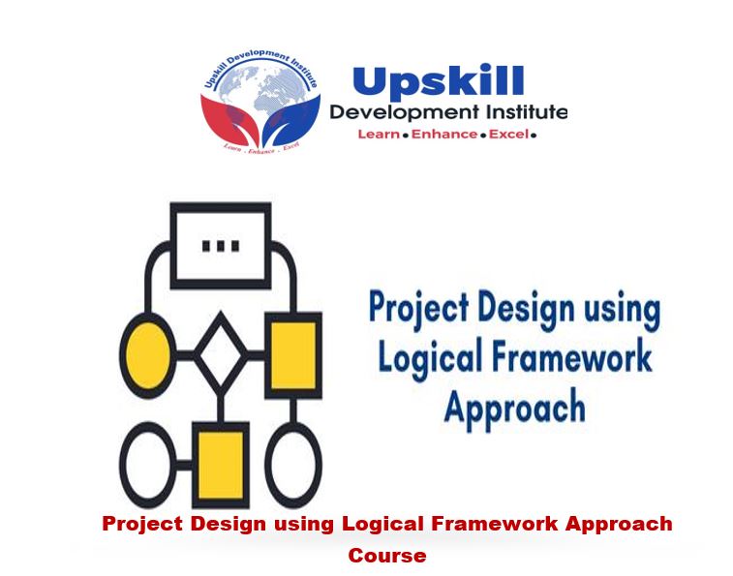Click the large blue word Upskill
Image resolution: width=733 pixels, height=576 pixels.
(438, 82)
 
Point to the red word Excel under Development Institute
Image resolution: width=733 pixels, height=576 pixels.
(508, 135)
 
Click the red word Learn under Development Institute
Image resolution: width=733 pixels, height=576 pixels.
(379, 135)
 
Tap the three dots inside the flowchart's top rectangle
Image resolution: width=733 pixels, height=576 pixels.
(221, 245)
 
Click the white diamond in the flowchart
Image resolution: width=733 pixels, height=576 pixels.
(222, 353)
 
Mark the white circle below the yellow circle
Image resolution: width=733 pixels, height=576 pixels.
(148, 464)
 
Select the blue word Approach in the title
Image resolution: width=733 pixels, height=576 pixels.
(514, 408)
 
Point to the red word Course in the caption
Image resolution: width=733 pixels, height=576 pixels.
(387, 556)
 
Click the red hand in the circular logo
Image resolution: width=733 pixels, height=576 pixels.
(225, 119)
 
